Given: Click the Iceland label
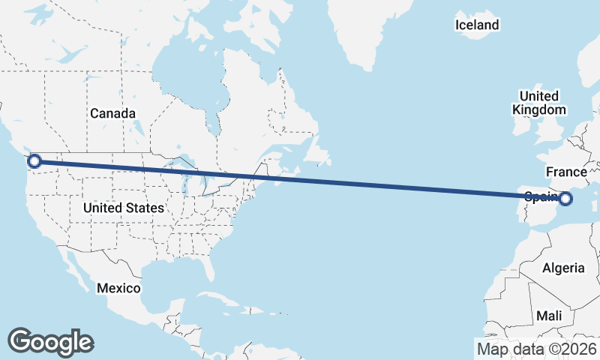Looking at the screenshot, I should pyautogui.click(x=477, y=25).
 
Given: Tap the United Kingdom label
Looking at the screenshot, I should pyautogui.click(x=539, y=103).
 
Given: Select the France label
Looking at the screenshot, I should pyautogui.click(x=566, y=172).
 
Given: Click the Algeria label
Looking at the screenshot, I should pyautogui.click(x=562, y=268).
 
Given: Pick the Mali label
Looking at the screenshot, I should pyautogui.click(x=549, y=316).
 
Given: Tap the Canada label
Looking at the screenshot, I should pyautogui.click(x=112, y=114).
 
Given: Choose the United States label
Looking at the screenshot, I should pyautogui.click(x=124, y=208).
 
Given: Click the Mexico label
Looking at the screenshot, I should pyautogui.click(x=118, y=288).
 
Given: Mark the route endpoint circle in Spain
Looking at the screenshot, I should pyautogui.click(x=565, y=199).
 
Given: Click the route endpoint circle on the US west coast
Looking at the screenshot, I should pyautogui.click(x=34, y=160).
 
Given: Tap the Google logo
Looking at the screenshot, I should pyautogui.click(x=50, y=341).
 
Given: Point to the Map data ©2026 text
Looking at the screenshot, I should pyautogui.click(x=537, y=349).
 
